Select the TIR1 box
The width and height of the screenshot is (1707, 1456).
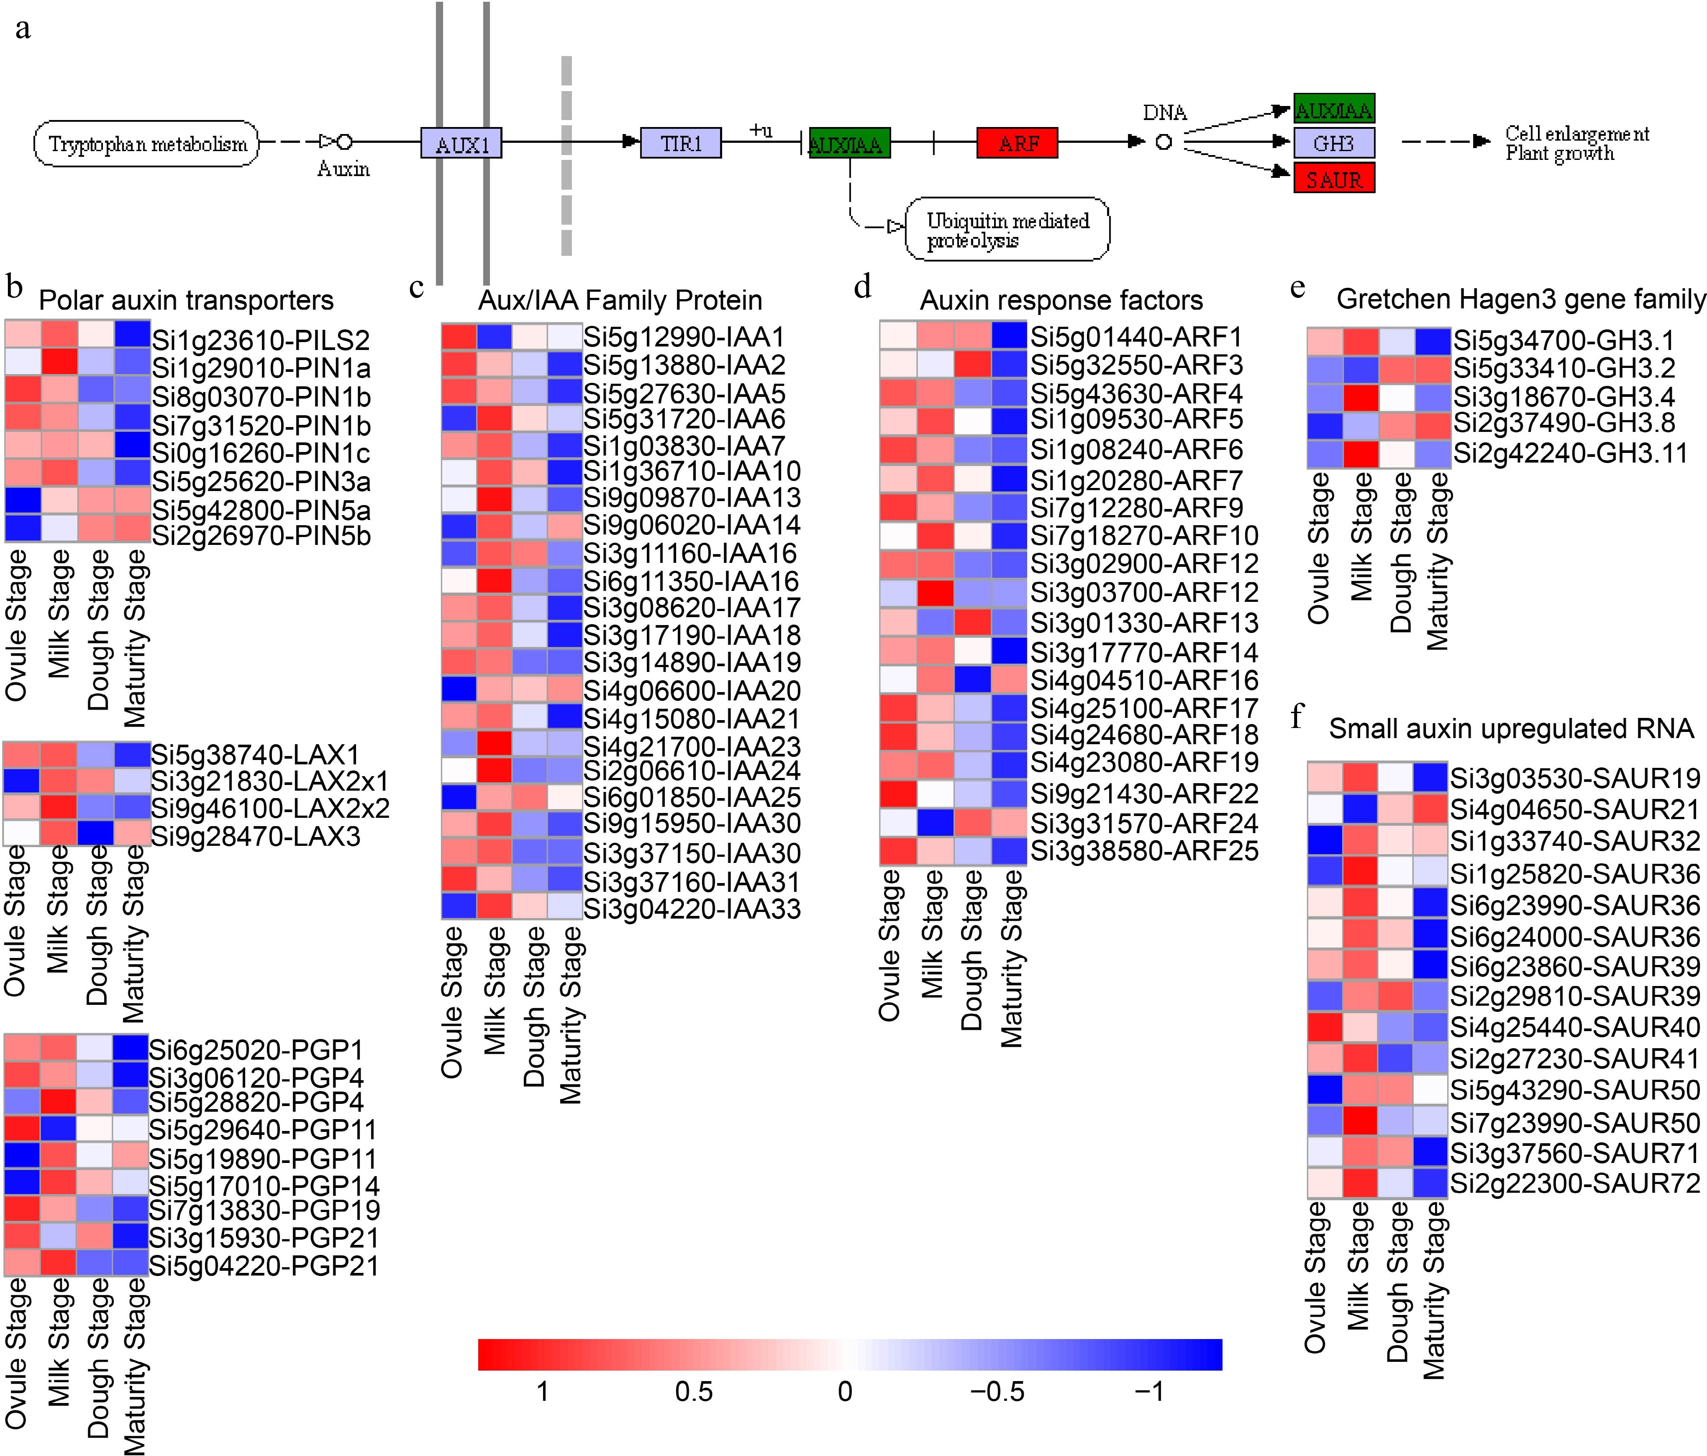pos(681,142)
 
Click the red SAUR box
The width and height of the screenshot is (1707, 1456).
pos(1334,179)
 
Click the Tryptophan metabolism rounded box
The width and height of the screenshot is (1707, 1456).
pos(147,144)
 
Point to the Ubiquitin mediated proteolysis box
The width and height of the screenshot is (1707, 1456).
pos(1007,230)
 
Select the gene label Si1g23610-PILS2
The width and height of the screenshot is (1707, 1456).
pos(260,339)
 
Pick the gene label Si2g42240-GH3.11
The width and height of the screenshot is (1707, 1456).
pos(1570,453)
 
